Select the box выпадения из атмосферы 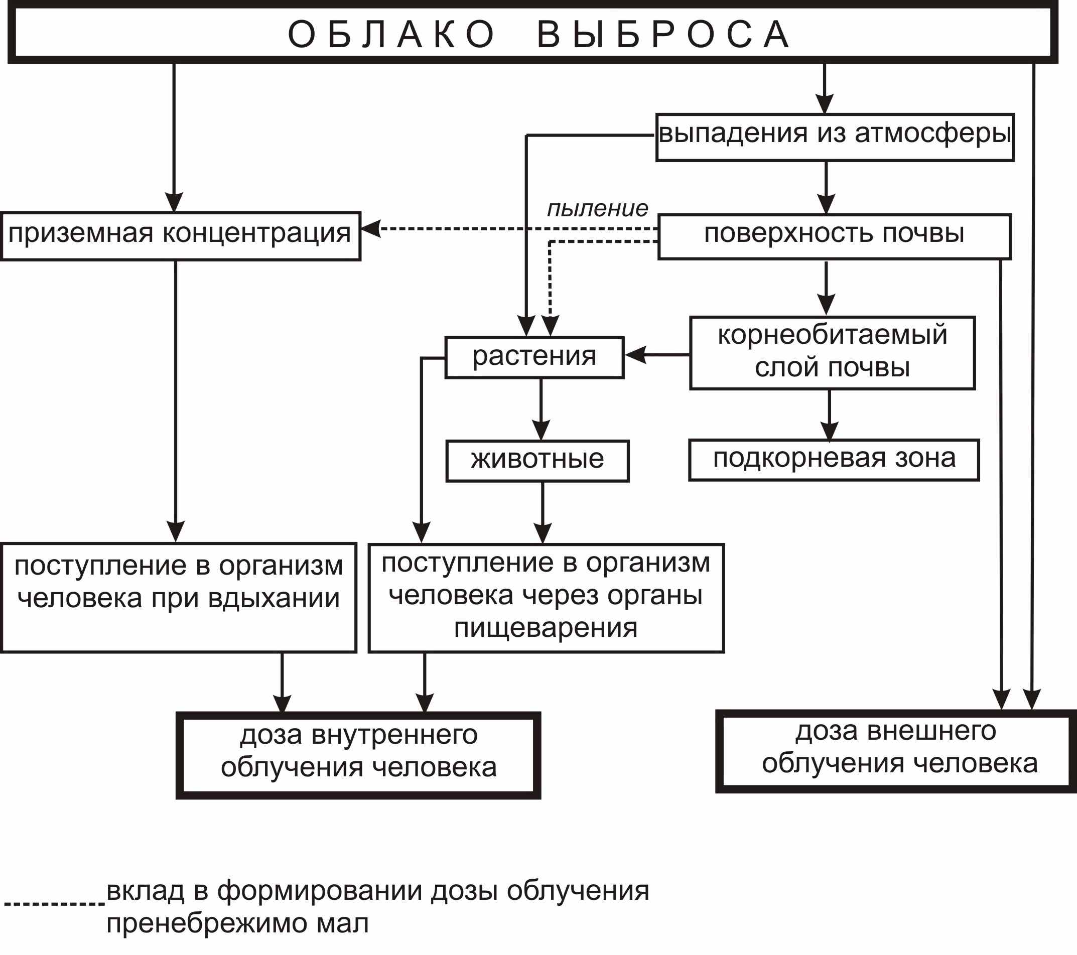point(835,137)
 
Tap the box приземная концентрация point(180,235)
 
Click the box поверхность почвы point(834,236)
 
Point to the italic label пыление point(597,209)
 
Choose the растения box point(534,357)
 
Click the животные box point(537,460)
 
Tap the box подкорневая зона point(834,459)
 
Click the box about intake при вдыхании point(178,597)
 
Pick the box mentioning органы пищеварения point(546,598)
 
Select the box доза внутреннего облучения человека point(358,754)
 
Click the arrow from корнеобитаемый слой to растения point(656,354)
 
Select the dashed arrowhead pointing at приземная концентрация point(370,229)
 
